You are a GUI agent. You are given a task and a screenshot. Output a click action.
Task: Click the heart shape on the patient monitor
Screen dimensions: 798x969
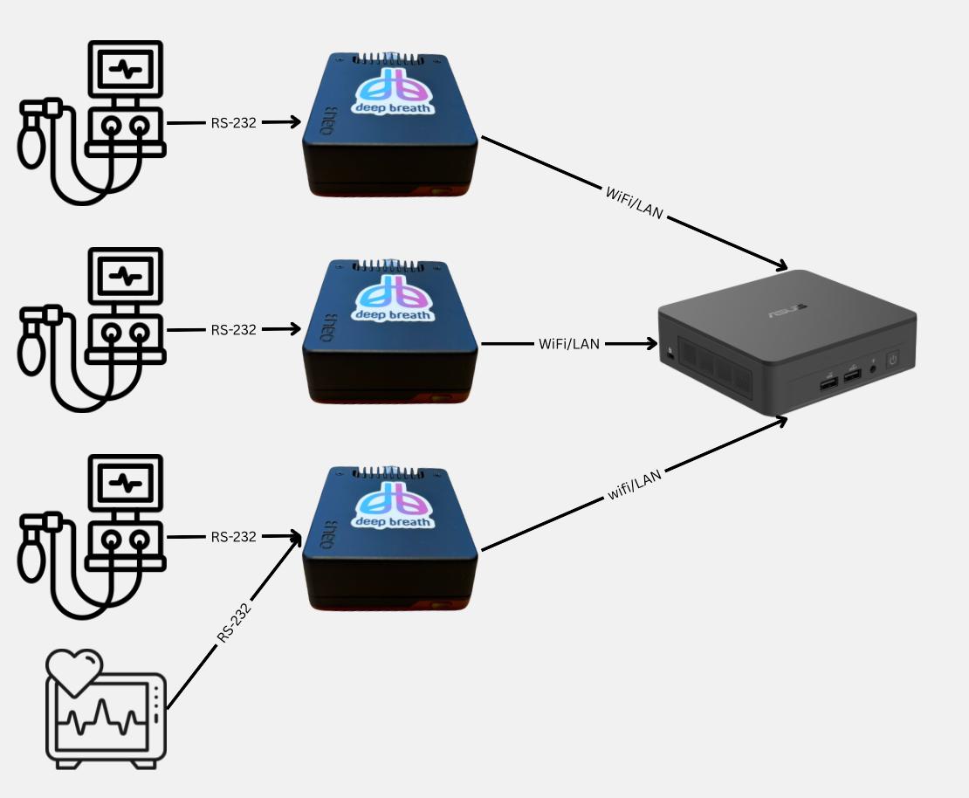click(74, 670)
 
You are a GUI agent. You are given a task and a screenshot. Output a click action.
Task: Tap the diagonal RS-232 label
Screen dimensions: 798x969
click(234, 622)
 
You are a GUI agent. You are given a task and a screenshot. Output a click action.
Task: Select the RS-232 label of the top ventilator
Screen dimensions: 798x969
click(233, 123)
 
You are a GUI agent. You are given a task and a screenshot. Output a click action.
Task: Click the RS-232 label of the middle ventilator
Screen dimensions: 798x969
click(233, 330)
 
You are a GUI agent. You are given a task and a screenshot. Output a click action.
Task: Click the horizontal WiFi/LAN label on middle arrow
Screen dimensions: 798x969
click(569, 344)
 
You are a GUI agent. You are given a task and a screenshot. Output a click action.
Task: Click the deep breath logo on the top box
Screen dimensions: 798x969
click(393, 93)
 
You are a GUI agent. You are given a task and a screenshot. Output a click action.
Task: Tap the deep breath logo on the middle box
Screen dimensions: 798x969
click(393, 299)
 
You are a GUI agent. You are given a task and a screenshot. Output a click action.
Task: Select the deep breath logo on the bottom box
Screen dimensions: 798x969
click(393, 506)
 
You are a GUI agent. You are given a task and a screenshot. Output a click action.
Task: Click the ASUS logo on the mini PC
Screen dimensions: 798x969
click(786, 312)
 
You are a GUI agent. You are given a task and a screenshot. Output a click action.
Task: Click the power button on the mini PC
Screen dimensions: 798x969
click(892, 359)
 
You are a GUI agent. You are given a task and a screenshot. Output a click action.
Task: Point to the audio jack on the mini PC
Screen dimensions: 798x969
click(873, 369)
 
